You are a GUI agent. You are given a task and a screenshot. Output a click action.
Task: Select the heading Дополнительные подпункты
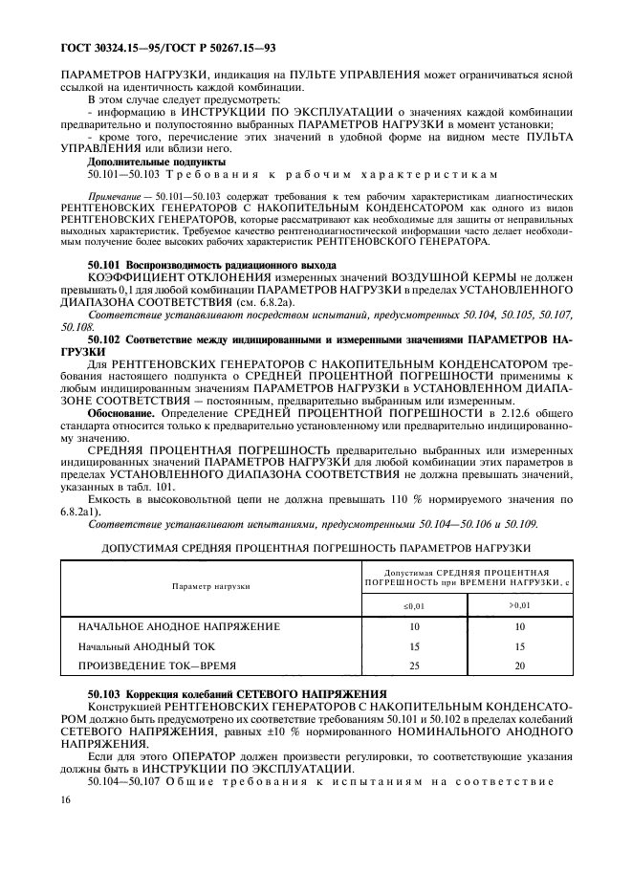[142, 163]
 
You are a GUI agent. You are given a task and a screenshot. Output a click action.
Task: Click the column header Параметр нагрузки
[211, 585]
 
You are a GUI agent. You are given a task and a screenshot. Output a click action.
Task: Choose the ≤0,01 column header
[414, 605]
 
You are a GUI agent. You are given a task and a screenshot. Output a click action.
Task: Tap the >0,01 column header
[519, 605]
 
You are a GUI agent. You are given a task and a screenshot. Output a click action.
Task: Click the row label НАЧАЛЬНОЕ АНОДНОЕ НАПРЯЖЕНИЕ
[179, 626]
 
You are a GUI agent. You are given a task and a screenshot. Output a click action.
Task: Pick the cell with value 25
[414, 665]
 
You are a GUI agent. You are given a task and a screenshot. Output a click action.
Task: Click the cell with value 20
[519, 665]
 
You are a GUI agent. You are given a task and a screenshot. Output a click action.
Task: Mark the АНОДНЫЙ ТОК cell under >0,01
[519, 645]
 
